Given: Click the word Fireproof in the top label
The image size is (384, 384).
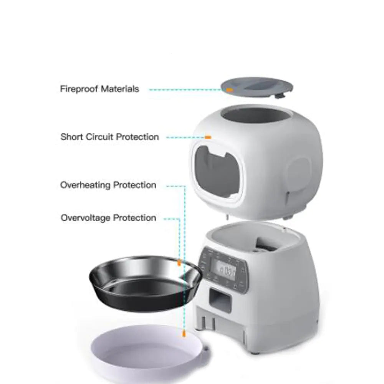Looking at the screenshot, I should [79, 89].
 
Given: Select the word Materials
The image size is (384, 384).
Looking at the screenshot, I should [120, 89].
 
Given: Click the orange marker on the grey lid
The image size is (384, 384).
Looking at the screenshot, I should [229, 90].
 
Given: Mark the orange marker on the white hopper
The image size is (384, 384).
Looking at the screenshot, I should [208, 137].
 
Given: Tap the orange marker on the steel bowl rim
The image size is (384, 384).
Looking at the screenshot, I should [179, 263].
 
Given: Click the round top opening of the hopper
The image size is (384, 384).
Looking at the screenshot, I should [253, 115].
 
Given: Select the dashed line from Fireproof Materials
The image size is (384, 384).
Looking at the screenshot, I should [184, 90].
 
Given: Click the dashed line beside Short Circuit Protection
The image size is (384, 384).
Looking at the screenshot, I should [184, 137].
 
